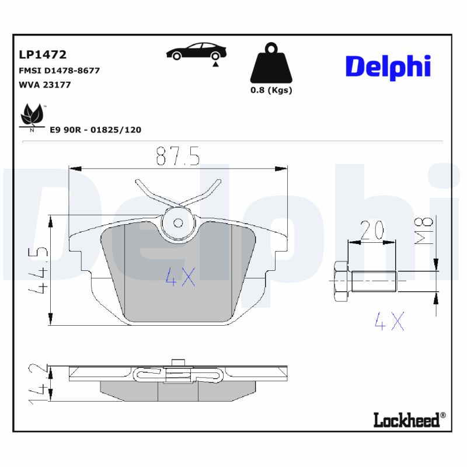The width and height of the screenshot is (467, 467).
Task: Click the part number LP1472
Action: [43, 55]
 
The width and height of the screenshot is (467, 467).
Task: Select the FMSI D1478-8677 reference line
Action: [60, 70]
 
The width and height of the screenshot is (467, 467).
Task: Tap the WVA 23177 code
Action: [45, 84]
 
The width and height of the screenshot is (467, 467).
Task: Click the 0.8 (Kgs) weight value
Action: [271, 90]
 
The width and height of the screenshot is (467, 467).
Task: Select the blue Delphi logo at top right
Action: [388, 66]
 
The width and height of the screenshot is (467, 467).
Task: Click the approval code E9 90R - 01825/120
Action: [95, 130]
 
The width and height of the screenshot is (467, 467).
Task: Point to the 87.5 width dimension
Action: [178, 156]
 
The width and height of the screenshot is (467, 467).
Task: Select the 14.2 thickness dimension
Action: [39, 384]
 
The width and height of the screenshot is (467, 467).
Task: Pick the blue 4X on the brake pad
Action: [180, 277]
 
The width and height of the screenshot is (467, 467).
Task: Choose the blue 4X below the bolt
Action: [389, 321]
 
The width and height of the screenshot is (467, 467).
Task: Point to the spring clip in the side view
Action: [175, 374]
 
